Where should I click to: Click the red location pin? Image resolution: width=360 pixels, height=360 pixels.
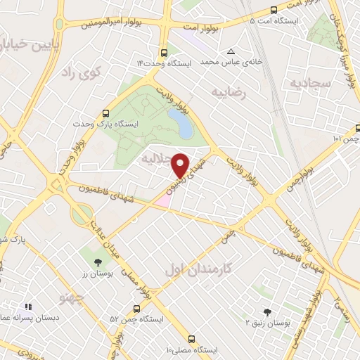tap(181, 165)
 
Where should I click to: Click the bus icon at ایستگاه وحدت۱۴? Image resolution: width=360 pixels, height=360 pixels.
tap(164, 53)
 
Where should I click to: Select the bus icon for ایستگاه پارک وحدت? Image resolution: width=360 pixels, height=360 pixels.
tap(106, 112)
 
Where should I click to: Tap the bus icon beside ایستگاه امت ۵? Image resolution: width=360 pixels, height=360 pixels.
tap(274, 11)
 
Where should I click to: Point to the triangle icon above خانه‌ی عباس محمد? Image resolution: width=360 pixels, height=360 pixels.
tap(231, 51)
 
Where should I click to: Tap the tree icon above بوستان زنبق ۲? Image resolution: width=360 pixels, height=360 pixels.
tap(266, 311)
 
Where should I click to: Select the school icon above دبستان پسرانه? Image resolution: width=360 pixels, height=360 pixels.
tap(29, 307)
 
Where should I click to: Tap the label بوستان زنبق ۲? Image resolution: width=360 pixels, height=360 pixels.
tap(267, 323)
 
